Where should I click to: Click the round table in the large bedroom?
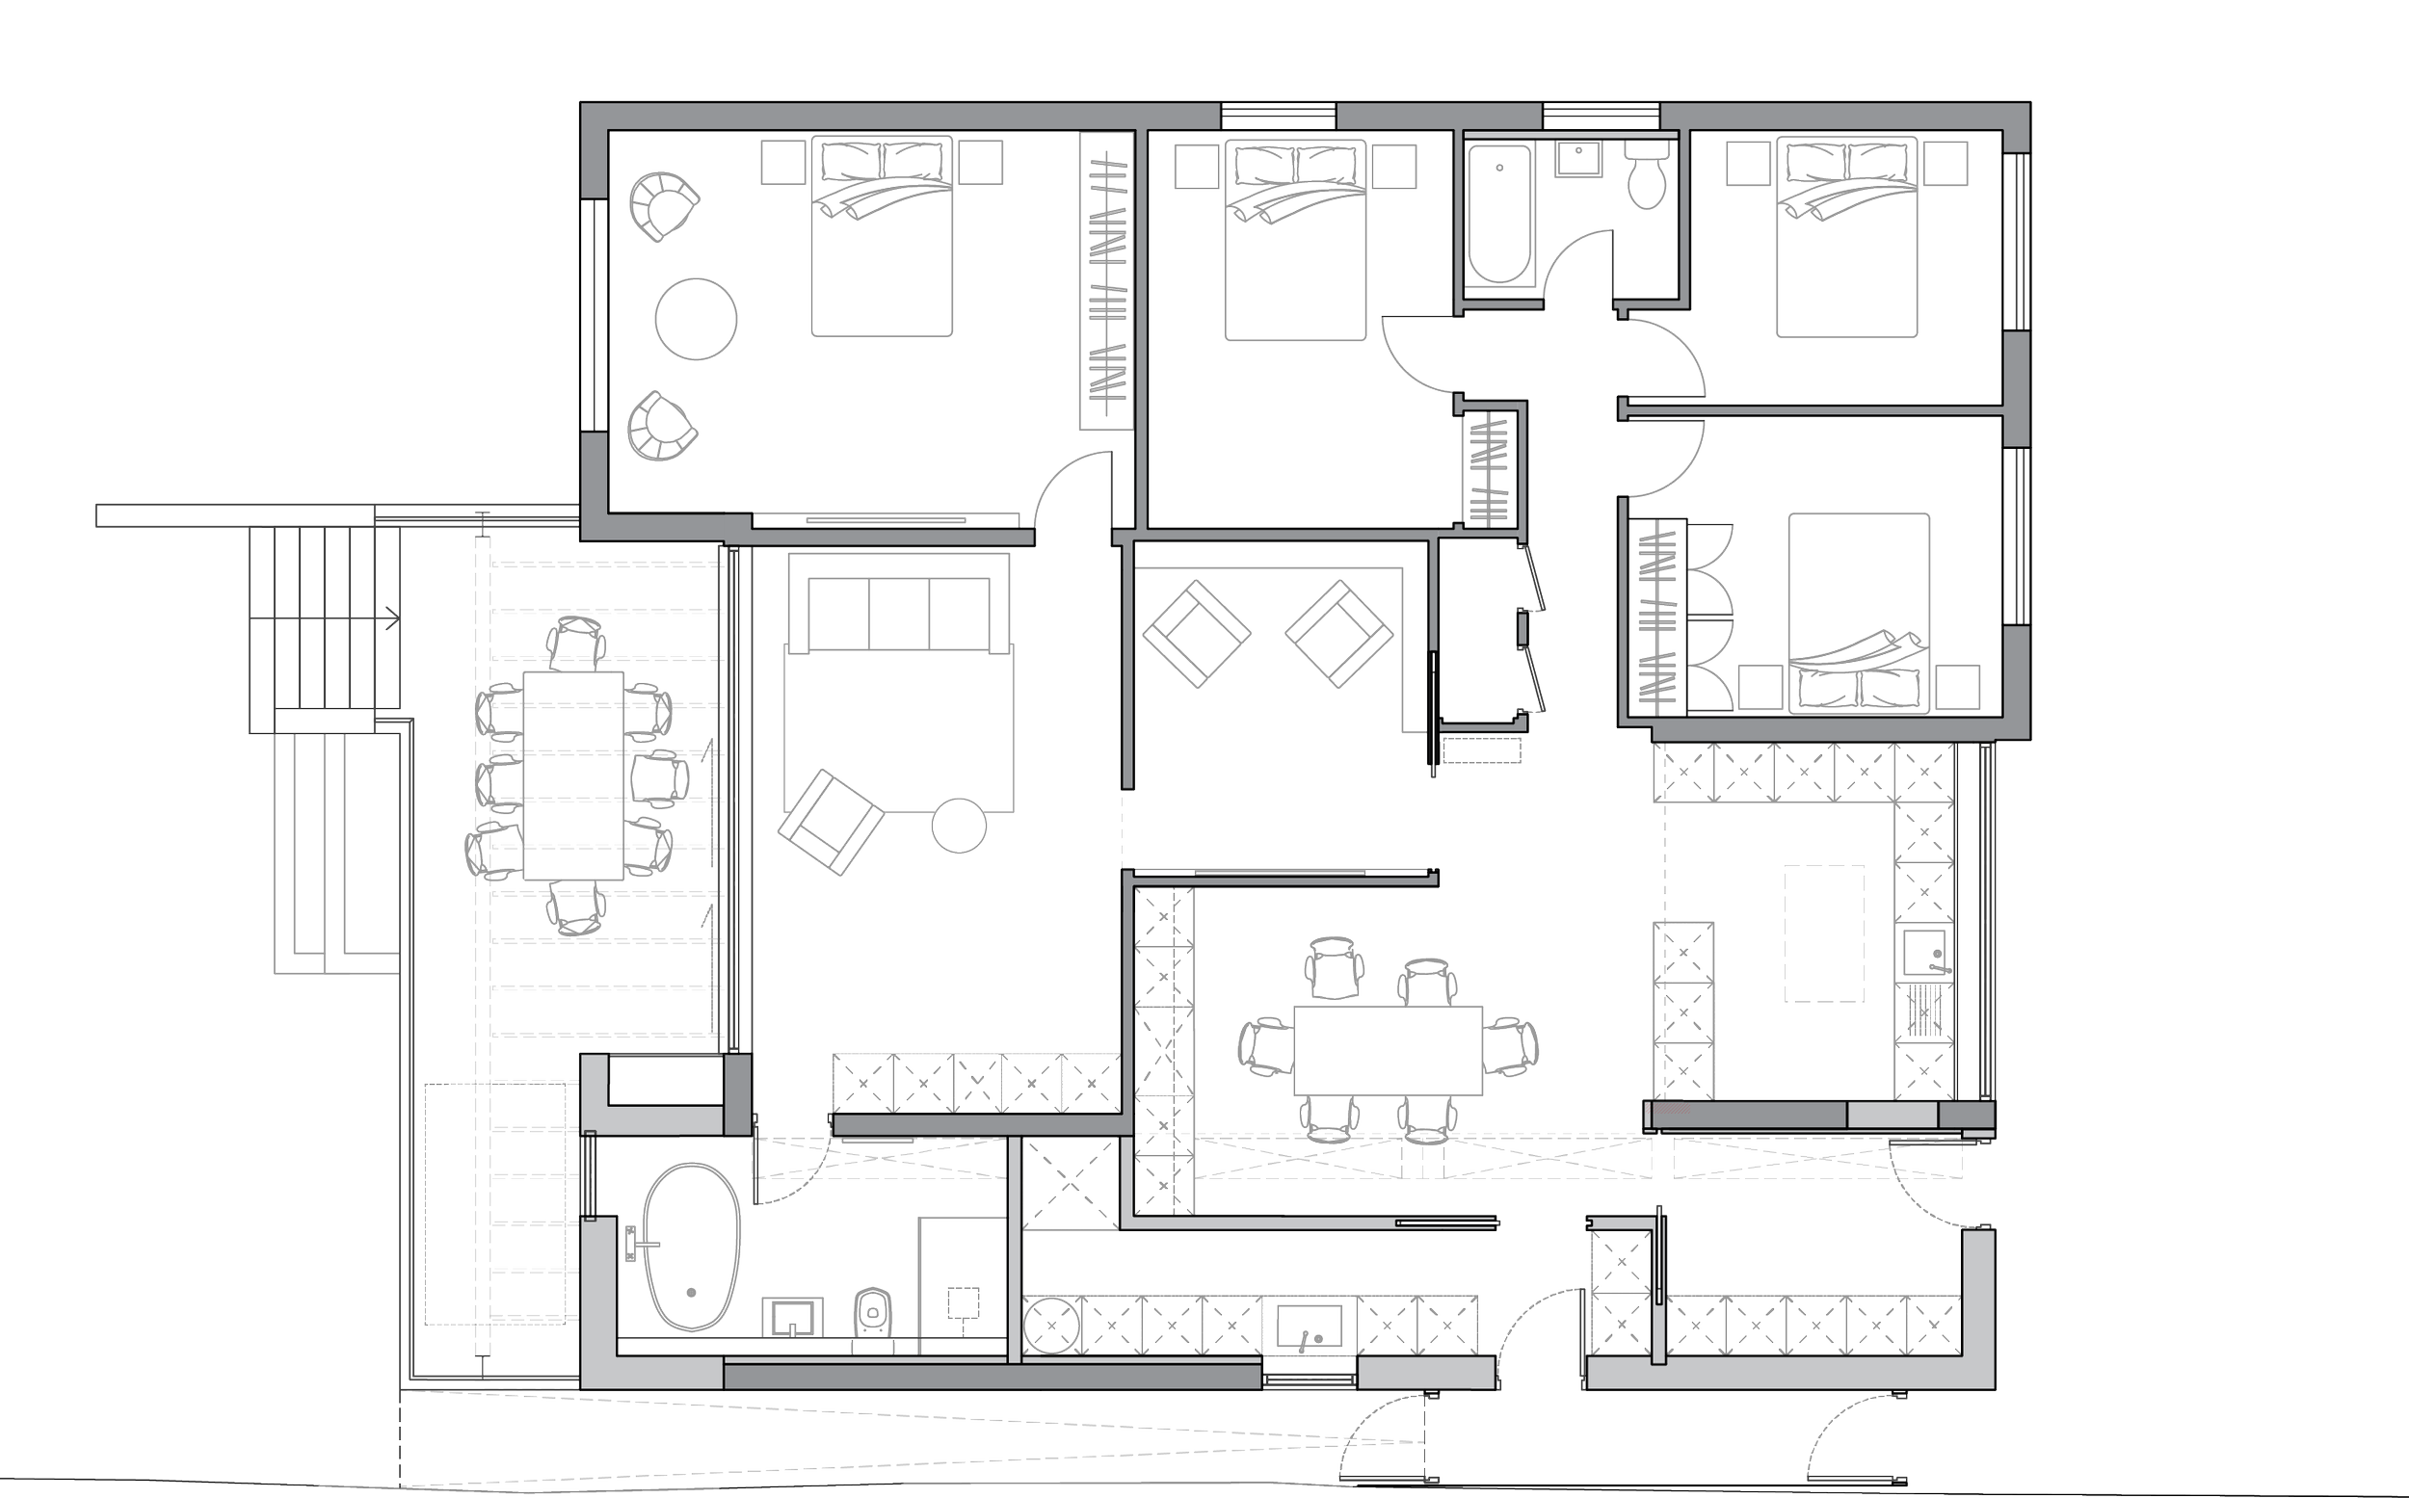(696, 319)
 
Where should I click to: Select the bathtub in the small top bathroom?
(1498, 214)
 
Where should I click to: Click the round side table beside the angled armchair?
(959, 825)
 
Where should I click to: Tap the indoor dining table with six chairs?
(1388, 1050)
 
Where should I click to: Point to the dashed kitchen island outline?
(1823, 933)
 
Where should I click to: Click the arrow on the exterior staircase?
(391, 619)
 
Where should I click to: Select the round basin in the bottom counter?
(1048, 1326)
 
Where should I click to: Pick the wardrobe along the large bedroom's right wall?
(1106, 281)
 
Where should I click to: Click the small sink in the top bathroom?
(1577, 160)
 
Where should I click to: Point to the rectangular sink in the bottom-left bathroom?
(792, 1319)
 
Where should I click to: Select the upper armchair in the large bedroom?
(662, 206)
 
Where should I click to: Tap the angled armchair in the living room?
(831, 823)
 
